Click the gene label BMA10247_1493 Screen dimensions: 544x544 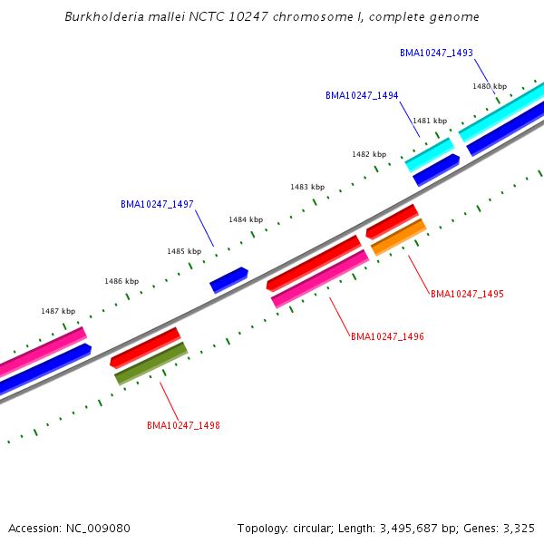[436, 53]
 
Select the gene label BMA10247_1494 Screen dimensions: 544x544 [362, 95]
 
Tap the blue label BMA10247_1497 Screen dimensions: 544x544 [157, 204]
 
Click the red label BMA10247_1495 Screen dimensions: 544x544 [467, 294]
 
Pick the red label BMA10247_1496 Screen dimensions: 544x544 [387, 336]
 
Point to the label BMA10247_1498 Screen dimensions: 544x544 [183, 424]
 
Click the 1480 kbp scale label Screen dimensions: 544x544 [490, 86]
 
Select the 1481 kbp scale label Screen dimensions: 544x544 [430, 121]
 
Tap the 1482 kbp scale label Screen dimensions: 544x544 [369, 154]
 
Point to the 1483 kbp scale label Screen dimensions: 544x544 [307, 187]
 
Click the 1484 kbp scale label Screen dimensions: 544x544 [246, 219]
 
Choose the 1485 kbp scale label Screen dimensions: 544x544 [184, 251]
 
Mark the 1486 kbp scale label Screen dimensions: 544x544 [121, 281]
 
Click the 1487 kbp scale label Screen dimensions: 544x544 [58, 311]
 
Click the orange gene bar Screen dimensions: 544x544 [399, 238]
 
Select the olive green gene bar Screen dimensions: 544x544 [151, 364]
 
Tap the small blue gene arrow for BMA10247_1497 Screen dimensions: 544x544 [228, 280]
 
